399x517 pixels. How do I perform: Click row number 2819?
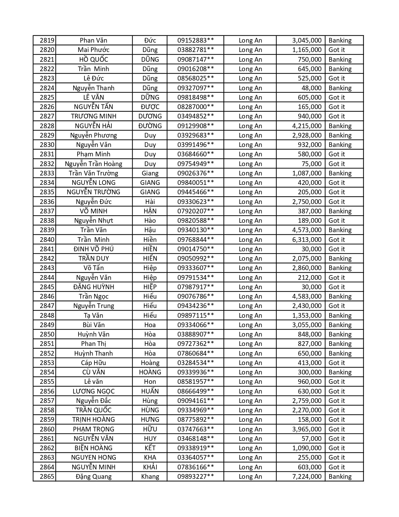(47, 40)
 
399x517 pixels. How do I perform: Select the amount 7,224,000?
(307, 477)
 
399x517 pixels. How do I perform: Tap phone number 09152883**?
(196, 40)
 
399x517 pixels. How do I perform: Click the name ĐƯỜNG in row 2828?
(150, 126)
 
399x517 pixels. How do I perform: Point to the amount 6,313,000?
(307, 240)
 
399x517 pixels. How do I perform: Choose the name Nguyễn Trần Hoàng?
(94, 164)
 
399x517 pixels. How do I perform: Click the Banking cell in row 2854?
(340, 372)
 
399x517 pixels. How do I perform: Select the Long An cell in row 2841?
(250, 249)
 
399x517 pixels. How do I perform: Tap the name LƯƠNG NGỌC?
(94, 391)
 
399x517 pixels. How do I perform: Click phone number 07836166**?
(196, 467)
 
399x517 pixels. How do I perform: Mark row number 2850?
(47, 334)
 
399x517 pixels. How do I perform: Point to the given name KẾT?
(150, 448)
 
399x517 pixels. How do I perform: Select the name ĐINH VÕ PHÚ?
(94, 249)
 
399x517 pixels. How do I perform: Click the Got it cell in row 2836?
(336, 202)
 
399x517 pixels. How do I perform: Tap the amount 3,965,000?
(307, 429)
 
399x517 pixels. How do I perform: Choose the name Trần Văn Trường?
(94, 173)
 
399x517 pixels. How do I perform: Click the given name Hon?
(150, 382)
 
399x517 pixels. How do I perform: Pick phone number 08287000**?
(196, 107)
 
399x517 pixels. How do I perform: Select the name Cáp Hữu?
(94, 363)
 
